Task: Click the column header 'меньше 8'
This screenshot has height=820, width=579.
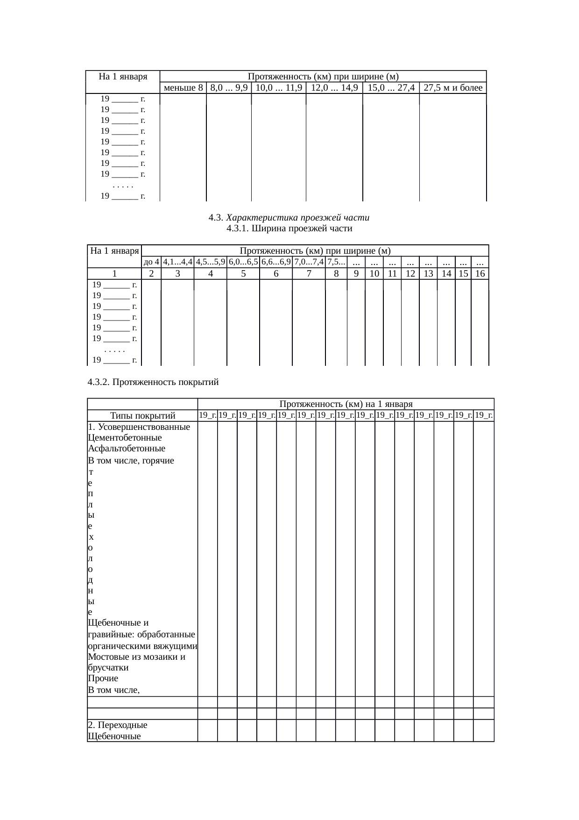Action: (183, 88)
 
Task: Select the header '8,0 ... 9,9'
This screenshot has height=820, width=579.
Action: (229, 88)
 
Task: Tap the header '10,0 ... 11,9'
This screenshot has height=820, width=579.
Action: (279, 88)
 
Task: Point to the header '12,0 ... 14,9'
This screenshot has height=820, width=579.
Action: (334, 88)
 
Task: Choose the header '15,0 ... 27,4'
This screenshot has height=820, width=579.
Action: (391, 88)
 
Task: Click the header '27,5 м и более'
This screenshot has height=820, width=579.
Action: (453, 88)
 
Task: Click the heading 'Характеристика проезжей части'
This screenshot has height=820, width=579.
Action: (295, 218)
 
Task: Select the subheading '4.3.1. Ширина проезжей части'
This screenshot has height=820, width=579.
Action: (289, 228)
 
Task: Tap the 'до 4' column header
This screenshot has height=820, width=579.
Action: (151, 262)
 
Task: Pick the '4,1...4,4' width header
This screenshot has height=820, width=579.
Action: (178, 262)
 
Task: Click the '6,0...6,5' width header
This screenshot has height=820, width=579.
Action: (243, 262)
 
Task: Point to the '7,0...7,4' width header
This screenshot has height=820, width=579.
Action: (309, 262)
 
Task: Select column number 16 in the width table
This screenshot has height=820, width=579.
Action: (480, 274)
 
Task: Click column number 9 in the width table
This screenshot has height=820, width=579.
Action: (356, 274)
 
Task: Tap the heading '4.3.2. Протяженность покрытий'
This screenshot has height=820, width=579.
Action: (153, 382)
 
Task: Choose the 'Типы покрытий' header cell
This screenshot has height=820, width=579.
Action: (142, 416)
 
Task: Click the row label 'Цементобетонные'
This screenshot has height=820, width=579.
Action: (125, 438)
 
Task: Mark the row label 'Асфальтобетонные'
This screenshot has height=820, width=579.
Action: (126, 449)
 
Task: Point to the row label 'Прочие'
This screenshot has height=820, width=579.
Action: (103, 678)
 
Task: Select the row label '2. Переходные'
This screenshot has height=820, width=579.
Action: (117, 725)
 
